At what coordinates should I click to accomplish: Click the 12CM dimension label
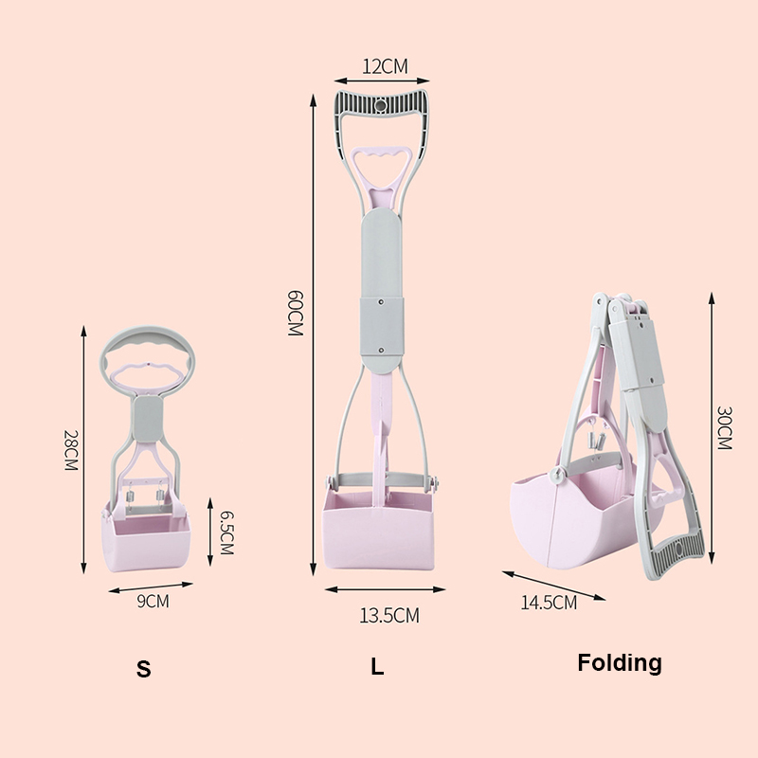pyautogui.click(x=385, y=66)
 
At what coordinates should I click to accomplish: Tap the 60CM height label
pyautogui.click(x=295, y=313)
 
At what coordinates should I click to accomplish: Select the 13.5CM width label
pyautogui.click(x=389, y=615)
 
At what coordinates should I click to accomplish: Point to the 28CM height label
pyautogui.click(x=71, y=450)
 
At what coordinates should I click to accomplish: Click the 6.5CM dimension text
pyautogui.click(x=226, y=532)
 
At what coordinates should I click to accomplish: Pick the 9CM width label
pyautogui.click(x=153, y=601)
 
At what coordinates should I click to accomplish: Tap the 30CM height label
pyautogui.click(x=724, y=428)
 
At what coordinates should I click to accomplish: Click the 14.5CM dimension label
pyautogui.click(x=549, y=603)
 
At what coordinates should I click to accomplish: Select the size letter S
pyautogui.click(x=143, y=669)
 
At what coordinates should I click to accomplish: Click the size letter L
pyautogui.click(x=377, y=667)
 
